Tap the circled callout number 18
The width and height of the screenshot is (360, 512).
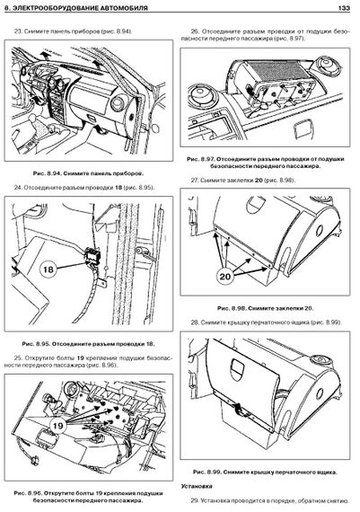pos(48,269)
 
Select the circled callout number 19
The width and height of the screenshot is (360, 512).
pos(57,426)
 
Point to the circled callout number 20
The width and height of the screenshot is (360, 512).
pos(224,277)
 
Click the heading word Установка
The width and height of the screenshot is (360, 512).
pos(197,486)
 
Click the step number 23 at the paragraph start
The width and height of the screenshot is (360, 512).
pos(18,31)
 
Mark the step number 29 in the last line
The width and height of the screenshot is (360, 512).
pos(195,500)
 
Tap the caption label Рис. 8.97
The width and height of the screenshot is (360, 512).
pos(200,159)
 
